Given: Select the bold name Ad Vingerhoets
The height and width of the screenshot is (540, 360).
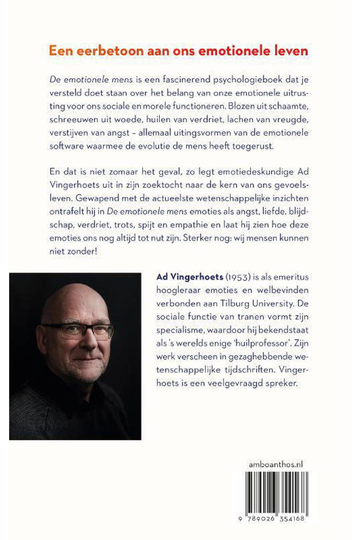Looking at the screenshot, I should [190, 277].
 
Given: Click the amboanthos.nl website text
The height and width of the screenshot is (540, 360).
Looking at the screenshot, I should [276, 464].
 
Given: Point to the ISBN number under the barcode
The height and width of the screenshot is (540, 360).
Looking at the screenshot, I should [271, 519].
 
